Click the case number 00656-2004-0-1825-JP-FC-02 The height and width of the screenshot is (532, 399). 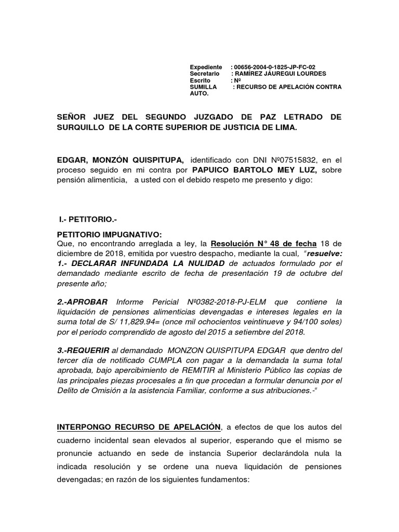point(275,68)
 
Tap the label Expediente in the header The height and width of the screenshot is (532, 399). point(206,68)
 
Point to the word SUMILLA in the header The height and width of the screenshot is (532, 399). point(202,88)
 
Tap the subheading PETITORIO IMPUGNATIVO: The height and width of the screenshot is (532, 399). point(105,234)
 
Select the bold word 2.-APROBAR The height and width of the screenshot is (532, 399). point(82,302)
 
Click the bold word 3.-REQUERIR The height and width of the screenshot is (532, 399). point(83,350)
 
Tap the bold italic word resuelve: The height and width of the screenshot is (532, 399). point(325,253)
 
